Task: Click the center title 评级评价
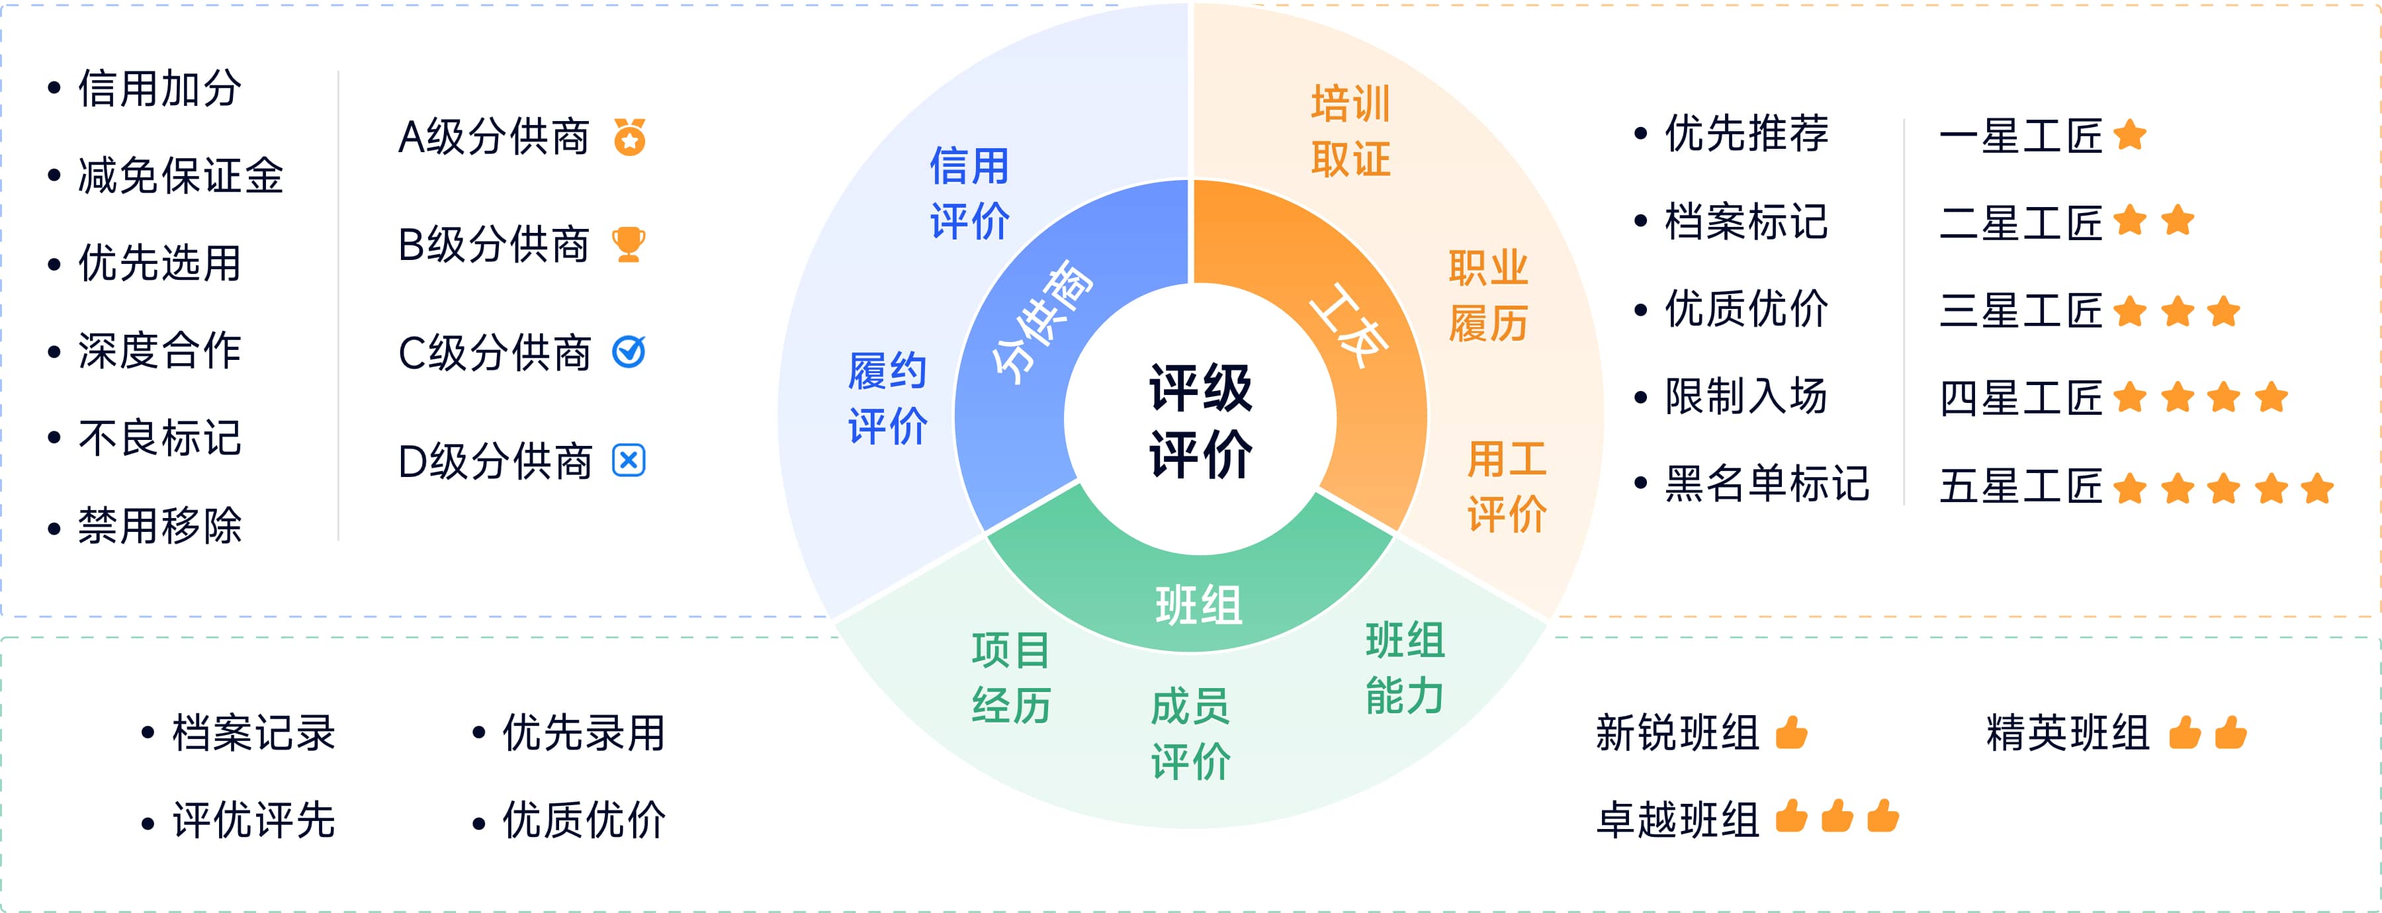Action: pyautogui.click(x=1200, y=421)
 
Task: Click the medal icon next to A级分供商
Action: pyautogui.click(x=630, y=137)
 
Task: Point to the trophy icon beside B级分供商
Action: pyautogui.click(x=629, y=245)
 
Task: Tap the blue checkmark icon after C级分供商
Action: pyautogui.click(x=629, y=353)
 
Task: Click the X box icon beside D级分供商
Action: pyautogui.click(x=629, y=460)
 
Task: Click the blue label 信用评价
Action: pyautogui.click(x=969, y=193)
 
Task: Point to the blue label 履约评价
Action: pyautogui.click(x=888, y=399)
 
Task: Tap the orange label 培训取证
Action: pyautogui.click(x=1350, y=130)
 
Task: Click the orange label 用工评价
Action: pyautogui.click(x=1507, y=486)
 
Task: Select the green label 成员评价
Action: pyautogui.click(x=1190, y=734)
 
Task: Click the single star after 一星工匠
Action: pyautogui.click(x=2129, y=135)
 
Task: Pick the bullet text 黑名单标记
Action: pyautogui.click(x=1766, y=484)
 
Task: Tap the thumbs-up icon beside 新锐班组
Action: pyautogui.click(x=1791, y=732)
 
